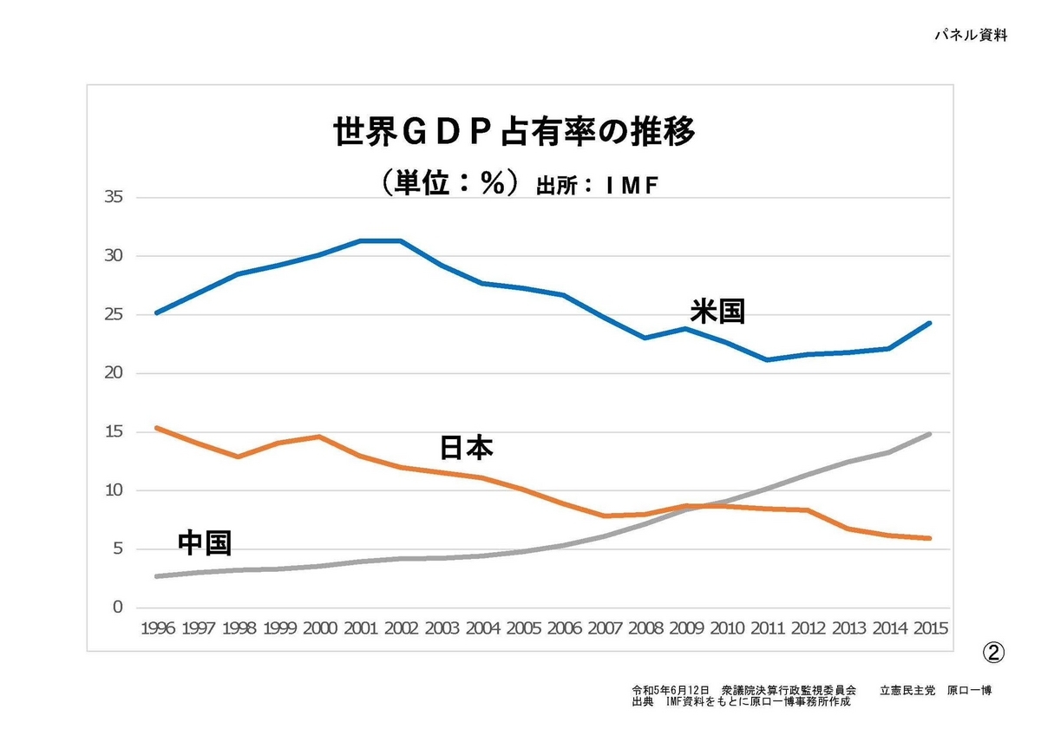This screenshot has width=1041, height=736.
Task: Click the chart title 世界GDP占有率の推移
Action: click(x=515, y=134)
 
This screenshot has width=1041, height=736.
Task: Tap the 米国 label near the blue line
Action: click(x=717, y=311)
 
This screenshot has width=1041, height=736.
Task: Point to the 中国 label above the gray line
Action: click(x=205, y=542)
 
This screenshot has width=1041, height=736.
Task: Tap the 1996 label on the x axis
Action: click(x=156, y=628)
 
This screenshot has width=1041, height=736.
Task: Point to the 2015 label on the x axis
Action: click(x=929, y=628)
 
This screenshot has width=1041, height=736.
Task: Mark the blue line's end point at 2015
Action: click(x=930, y=323)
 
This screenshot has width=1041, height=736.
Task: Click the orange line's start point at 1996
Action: click(x=156, y=428)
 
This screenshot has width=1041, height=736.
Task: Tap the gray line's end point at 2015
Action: click(x=930, y=434)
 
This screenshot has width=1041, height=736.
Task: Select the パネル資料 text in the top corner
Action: click(x=971, y=36)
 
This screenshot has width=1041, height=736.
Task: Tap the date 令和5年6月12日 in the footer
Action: click(x=671, y=691)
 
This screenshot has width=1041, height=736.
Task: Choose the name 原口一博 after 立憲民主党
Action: click(x=969, y=691)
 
